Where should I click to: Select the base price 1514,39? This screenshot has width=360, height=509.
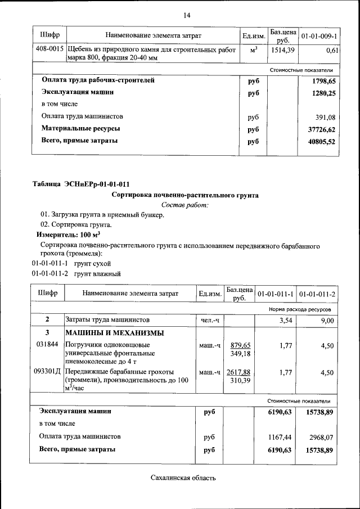pyautogui.click(x=283, y=50)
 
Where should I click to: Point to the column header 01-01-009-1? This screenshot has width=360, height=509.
pyautogui.click(x=318, y=36)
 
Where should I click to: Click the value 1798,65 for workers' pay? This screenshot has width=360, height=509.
pyautogui.click(x=323, y=81)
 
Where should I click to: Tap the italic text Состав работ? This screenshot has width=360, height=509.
pyautogui.click(x=185, y=205)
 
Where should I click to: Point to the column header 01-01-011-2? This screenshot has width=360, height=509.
pyautogui.click(x=317, y=294)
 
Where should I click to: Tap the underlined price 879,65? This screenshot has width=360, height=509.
pyautogui.click(x=240, y=345)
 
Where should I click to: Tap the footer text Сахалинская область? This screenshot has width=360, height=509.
pyautogui.click(x=183, y=478)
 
